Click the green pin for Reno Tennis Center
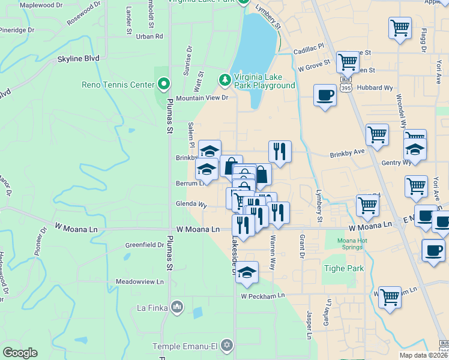163,85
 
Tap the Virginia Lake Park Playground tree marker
225,79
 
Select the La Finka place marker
177,308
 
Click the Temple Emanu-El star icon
226,345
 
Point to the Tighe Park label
344,268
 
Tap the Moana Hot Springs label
345,245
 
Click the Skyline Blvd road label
78,59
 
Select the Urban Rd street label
149,37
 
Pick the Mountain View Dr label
202,98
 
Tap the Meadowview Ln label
140,281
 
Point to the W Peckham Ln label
262,296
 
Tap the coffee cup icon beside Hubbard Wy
325,95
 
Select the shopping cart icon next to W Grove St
348,61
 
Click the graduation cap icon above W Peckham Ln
247,272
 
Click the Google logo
20,353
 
